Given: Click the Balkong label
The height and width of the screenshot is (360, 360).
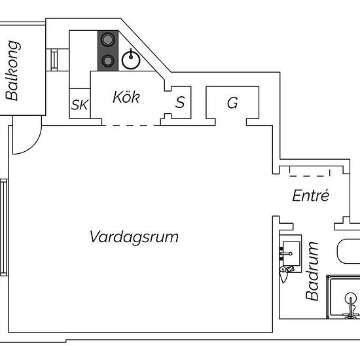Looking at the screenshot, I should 12,71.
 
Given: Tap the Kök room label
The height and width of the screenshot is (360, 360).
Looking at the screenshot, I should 126,98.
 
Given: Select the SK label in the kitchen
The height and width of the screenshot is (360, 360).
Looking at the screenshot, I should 79,105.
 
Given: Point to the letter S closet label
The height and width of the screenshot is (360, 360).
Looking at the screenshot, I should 179,102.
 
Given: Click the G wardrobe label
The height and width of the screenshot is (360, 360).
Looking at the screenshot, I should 232,103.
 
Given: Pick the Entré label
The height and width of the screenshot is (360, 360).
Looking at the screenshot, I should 310,196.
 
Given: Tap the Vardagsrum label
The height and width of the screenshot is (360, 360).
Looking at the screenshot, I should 134,236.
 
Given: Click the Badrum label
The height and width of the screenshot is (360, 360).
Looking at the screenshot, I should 314,271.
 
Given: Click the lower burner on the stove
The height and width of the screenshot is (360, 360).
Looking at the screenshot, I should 107,62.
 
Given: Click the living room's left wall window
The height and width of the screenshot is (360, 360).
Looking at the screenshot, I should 4,227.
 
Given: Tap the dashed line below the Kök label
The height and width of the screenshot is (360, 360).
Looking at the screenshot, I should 131,124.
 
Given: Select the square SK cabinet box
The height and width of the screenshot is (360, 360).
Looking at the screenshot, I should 79,105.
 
